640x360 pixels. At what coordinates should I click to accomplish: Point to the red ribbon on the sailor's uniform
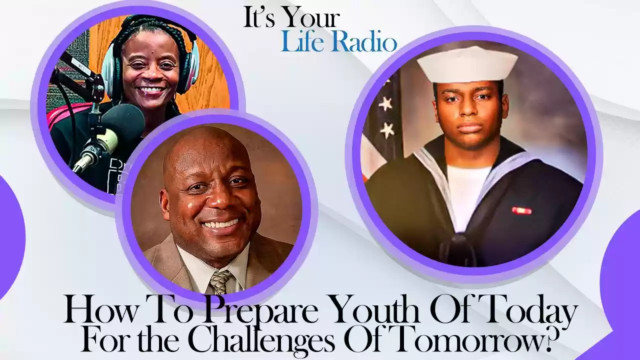pos(522,210)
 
